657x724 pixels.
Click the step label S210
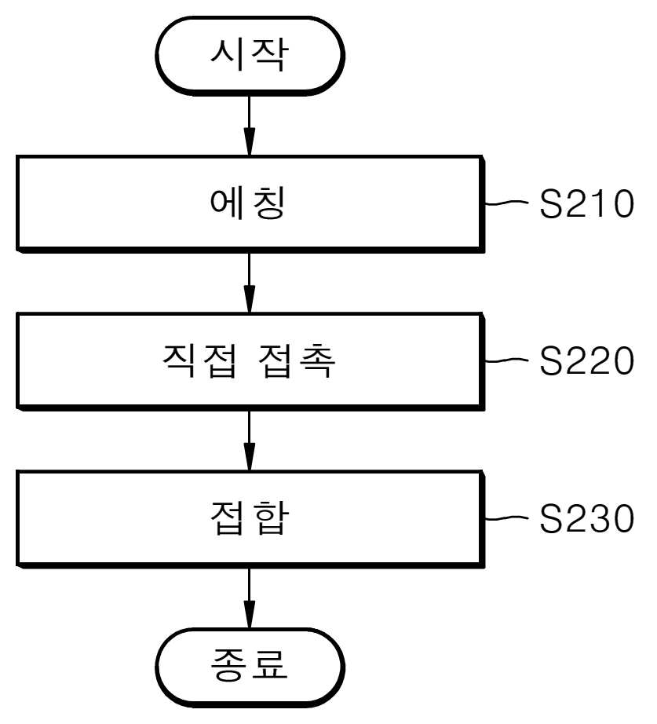coord(586,203)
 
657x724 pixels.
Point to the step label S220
coord(586,360)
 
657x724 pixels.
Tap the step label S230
coord(586,518)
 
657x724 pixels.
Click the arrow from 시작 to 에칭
coord(250,125)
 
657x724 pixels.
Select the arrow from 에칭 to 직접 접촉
coord(250,283)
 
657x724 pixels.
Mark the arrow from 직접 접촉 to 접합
coord(250,440)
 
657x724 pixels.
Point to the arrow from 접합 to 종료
coord(250,598)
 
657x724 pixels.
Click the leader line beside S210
coord(506,203)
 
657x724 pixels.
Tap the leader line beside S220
coord(506,360)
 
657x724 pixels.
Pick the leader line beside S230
coord(506,517)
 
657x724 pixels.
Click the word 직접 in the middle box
coord(200,360)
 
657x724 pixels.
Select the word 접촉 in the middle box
coord(297,360)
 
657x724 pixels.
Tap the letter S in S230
coord(550,518)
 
